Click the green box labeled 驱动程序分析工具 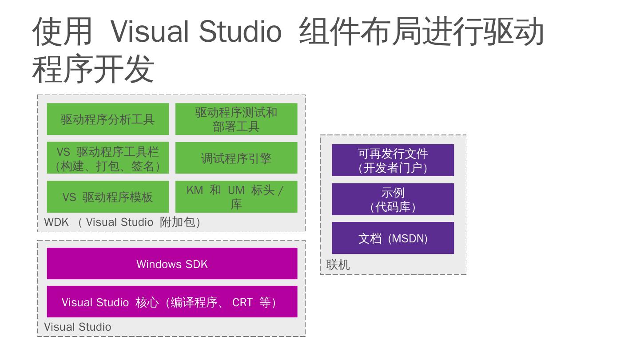pos(108,119)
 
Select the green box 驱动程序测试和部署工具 pos(236,119)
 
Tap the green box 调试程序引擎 pos(236,158)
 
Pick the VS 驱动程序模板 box pos(108,197)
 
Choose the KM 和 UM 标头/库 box pos(236,197)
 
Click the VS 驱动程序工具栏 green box pos(108,158)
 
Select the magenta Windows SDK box pos(172,264)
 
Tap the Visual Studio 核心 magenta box pos(172,302)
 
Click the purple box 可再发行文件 pos(393,160)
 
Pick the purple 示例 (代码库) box pos(393,199)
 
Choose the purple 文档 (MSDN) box pos(393,238)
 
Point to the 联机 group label pos(338,265)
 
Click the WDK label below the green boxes pos(56,222)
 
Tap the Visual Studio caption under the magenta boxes pos(78,327)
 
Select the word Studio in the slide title pos(240,31)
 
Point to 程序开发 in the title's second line pos(93,69)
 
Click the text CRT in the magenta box pos(242,302)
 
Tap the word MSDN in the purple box pos(408,239)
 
